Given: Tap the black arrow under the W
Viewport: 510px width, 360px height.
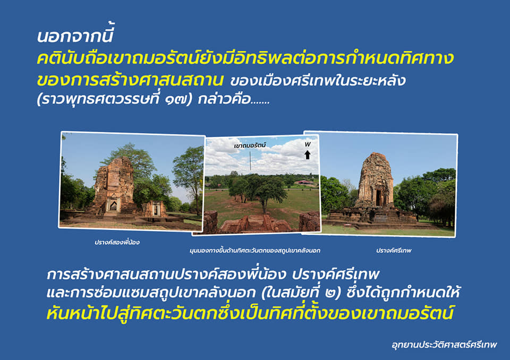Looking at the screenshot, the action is pos(308,155).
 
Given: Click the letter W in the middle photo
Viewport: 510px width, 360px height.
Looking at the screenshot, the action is pos(308,144).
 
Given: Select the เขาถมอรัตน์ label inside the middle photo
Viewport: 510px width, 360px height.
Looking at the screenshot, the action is pos(250,145).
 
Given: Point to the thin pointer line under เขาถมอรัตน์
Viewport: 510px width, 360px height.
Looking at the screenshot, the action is pos(250,160).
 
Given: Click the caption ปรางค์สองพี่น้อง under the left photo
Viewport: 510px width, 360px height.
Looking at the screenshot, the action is pos(117,242).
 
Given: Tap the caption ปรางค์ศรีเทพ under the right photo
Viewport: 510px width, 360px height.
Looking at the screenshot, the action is pos(394,251).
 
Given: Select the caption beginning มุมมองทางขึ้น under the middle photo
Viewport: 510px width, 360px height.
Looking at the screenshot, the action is pos(255,251).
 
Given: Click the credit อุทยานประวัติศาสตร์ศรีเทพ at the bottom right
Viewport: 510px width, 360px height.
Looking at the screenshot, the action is pos(444,345).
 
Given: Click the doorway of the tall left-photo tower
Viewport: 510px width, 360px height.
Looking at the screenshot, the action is pos(113,204).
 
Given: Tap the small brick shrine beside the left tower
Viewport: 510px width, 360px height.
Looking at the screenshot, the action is pos(154,209).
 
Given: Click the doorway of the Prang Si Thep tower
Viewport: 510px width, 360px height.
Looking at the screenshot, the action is pos(379,198).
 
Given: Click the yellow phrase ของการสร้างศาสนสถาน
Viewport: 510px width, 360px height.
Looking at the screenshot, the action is pos(130,80).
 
